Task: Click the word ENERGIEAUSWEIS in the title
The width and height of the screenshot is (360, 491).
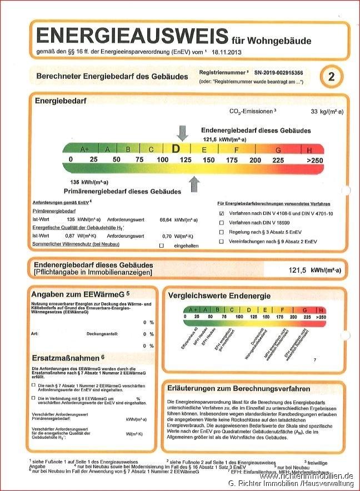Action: coord(132,36)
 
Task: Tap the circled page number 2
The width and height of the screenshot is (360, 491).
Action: coord(332,77)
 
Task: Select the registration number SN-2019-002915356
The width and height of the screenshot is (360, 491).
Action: coord(279,73)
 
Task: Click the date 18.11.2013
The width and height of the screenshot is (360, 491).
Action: coord(227,52)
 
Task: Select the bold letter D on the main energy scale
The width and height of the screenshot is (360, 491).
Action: coord(176,149)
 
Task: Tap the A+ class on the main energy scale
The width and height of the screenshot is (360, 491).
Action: coord(85,149)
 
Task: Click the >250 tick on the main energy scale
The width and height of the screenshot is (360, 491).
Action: coord(314,160)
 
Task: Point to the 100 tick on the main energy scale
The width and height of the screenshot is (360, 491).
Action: coord(162,160)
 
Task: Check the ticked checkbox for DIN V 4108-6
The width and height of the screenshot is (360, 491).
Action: coord(222,213)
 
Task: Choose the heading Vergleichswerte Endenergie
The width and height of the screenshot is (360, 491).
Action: coord(219,296)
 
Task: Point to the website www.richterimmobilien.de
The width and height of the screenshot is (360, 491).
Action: coord(306,476)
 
